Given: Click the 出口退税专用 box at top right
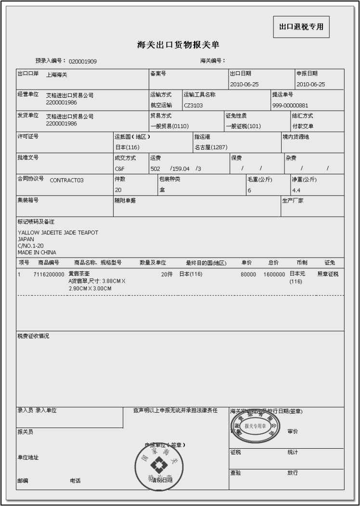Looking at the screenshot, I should tap(301, 27).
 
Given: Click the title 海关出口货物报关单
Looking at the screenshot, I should tap(178, 45).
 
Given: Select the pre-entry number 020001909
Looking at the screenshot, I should tap(83, 62).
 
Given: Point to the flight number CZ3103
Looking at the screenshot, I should tap(193, 105).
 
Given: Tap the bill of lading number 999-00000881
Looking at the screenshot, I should tap(290, 105).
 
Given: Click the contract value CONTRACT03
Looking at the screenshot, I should tap(66, 181).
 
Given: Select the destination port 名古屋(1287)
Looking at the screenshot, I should tap(211, 147).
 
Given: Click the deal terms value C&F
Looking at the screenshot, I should tap(119, 169).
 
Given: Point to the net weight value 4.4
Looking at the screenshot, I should tap(296, 190).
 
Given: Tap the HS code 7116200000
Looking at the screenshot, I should tap(49, 274).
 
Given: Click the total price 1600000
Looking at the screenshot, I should tap(274, 274).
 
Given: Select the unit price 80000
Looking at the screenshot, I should tap(248, 274).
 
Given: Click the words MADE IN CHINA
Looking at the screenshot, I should tap(37, 252).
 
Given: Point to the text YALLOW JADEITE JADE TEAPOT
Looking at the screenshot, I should tap(58, 233).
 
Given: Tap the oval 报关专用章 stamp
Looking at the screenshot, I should tap(255, 426).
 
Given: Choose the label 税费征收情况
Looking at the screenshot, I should tap(33, 336).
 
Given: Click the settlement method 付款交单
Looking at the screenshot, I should tap(303, 126).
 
